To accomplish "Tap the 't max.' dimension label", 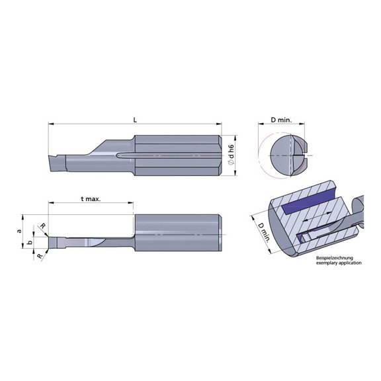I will pyautogui.click(x=91, y=198).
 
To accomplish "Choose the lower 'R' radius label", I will pyautogui.click(x=40, y=254).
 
